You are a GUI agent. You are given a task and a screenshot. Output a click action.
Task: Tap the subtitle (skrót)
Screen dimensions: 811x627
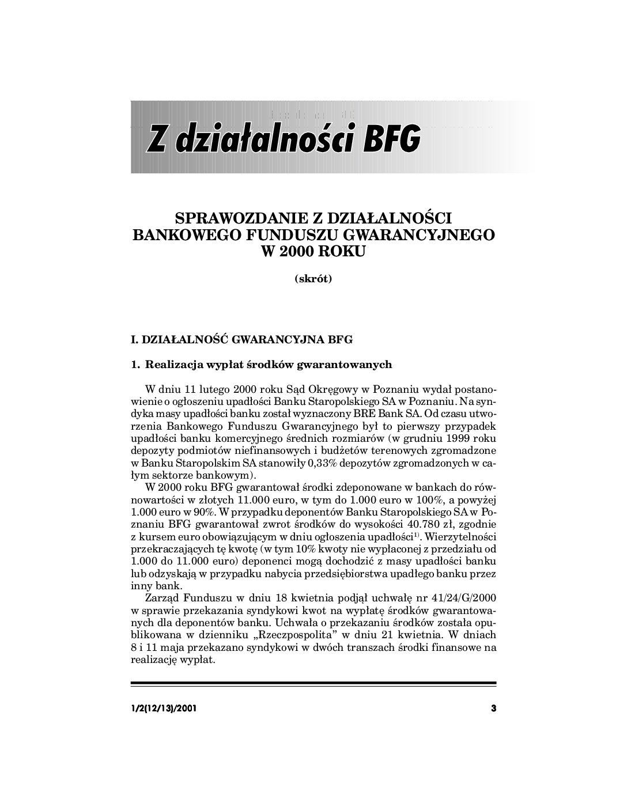313,279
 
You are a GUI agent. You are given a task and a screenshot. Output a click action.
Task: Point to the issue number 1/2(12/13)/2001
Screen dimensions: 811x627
164,708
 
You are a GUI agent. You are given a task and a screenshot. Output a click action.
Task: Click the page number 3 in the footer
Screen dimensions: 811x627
493,708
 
